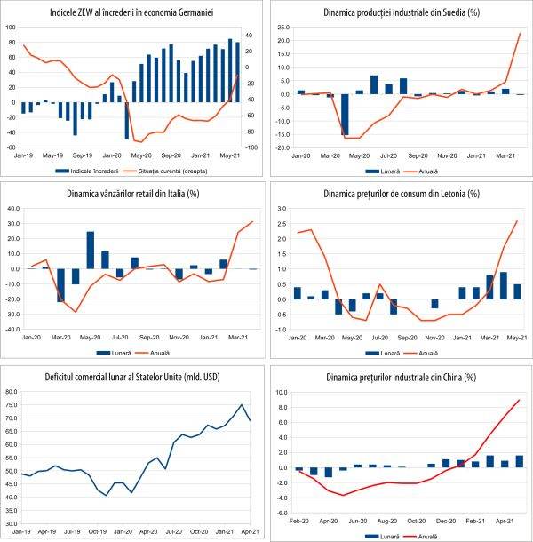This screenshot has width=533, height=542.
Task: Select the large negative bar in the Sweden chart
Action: click(345, 115)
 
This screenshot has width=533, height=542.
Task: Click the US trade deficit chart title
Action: click(133, 376)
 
